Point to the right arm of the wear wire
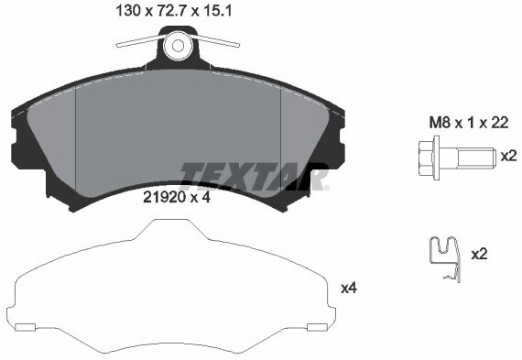point(220,39)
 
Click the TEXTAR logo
point(254,174)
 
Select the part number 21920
point(163,195)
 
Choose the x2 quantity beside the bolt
point(508,156)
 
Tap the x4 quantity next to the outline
point(348,288)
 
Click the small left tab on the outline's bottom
point(26,327)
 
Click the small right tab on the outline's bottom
point(318,327)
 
